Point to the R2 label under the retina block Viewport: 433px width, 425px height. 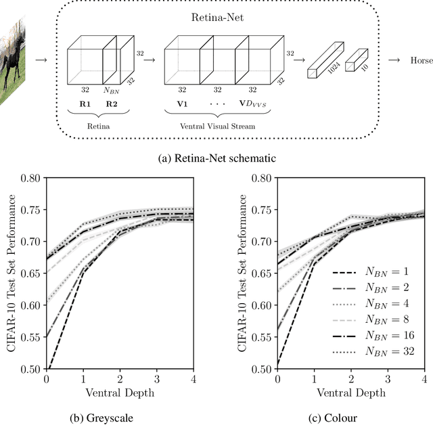tap(111, 106)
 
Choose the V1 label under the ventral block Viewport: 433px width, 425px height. tap(182, 106)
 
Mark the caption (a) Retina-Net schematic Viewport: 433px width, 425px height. tap(216, 159)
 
